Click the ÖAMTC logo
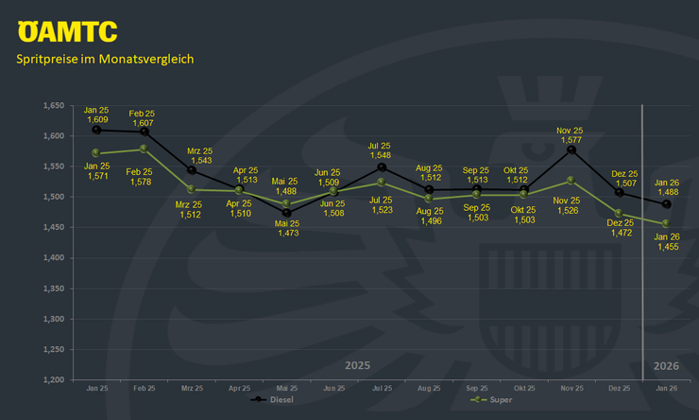67,31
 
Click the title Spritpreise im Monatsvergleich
105,59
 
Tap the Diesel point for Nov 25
571,149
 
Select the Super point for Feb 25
143,149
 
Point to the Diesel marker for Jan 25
96,130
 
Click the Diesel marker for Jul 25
381,167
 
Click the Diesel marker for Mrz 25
191,170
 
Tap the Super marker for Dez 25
619,214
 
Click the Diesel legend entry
273,399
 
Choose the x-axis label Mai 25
286,389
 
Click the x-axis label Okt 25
523,389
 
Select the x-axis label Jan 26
666,389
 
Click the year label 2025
357,365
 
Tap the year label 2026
666,365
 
